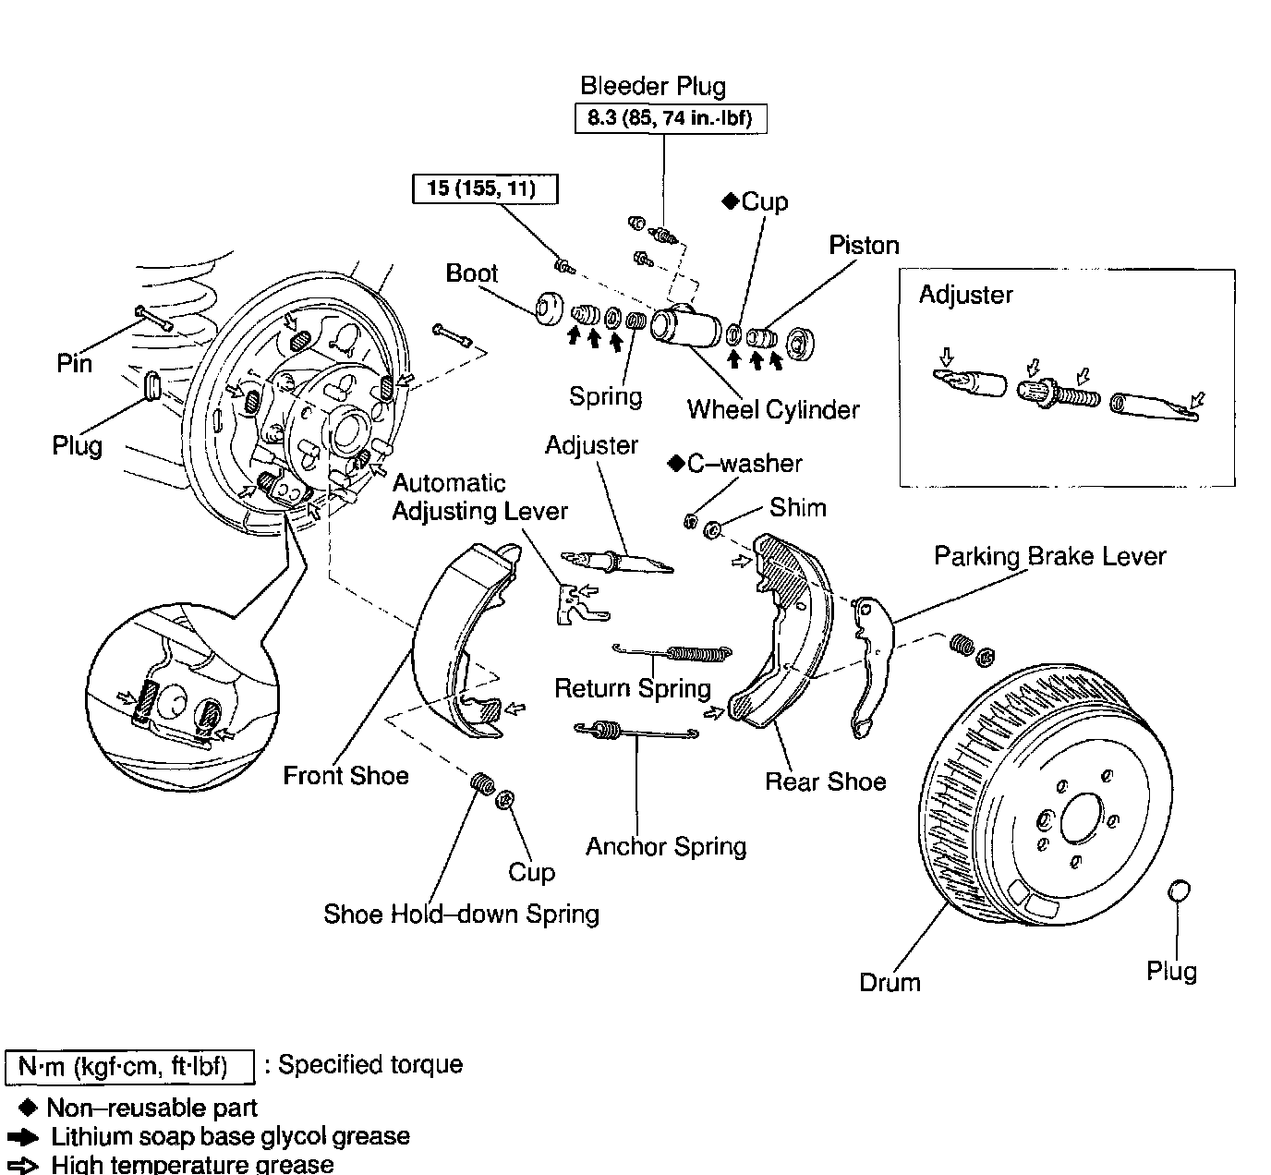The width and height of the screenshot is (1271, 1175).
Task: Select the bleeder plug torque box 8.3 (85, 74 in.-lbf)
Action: [x=670, y=118]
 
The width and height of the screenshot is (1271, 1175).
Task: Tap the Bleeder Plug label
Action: [x=653, y=87]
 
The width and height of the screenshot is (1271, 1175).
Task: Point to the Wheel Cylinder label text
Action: [x=773, y=410]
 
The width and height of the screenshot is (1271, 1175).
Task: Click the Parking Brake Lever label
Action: [x=1049, y=556]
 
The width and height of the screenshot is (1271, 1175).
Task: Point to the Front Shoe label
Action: [x=345, y=776]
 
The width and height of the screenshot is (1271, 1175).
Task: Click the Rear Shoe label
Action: [x=825, y=782]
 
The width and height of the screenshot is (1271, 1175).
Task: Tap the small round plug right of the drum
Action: [x=1180, y=891]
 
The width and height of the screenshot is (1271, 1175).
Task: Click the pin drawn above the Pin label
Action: [x=156, y=317]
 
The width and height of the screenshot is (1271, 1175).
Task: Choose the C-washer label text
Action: [x=744, y=464]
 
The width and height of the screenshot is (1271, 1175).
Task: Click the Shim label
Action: [x=798, y=508]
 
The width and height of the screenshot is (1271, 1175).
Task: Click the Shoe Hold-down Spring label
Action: [x=461, y=915]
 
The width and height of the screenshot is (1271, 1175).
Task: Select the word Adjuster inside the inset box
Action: [x=965, y=296]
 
